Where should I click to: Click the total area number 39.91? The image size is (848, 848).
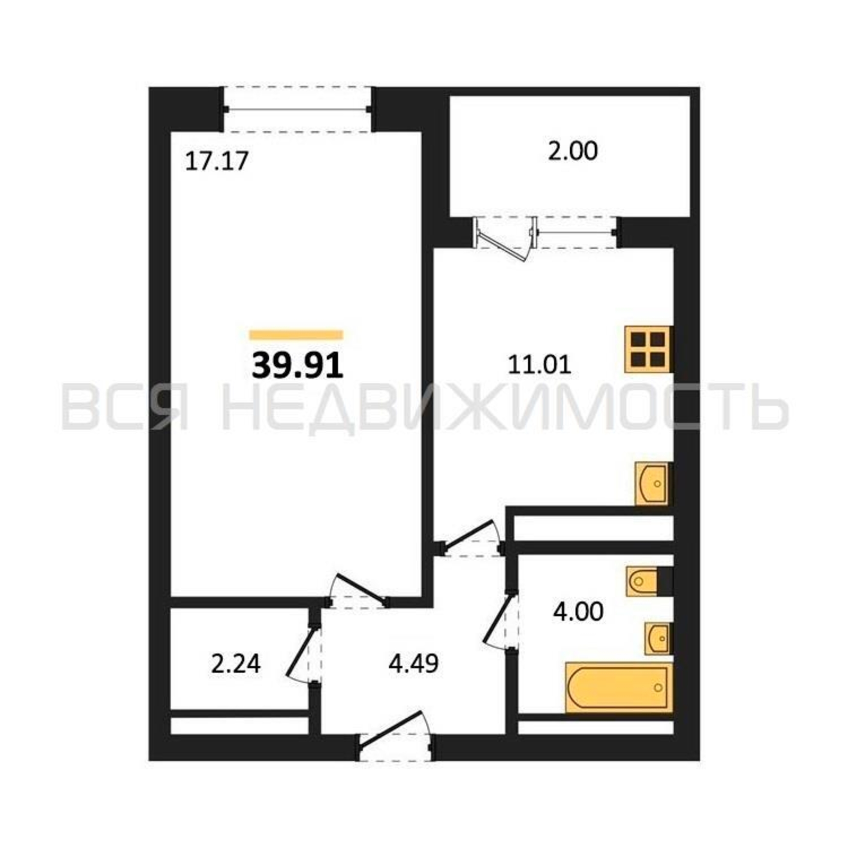coord(297,366)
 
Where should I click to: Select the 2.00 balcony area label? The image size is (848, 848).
coord(573,151)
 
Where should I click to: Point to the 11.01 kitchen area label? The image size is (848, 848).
coord(539,365)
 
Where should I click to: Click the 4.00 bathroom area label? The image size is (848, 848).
coord(578,611)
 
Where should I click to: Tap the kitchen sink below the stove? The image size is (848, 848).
coord(652,483)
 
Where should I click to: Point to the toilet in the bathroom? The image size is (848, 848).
coord(644,582)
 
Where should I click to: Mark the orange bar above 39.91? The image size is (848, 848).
coord(296,335)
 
